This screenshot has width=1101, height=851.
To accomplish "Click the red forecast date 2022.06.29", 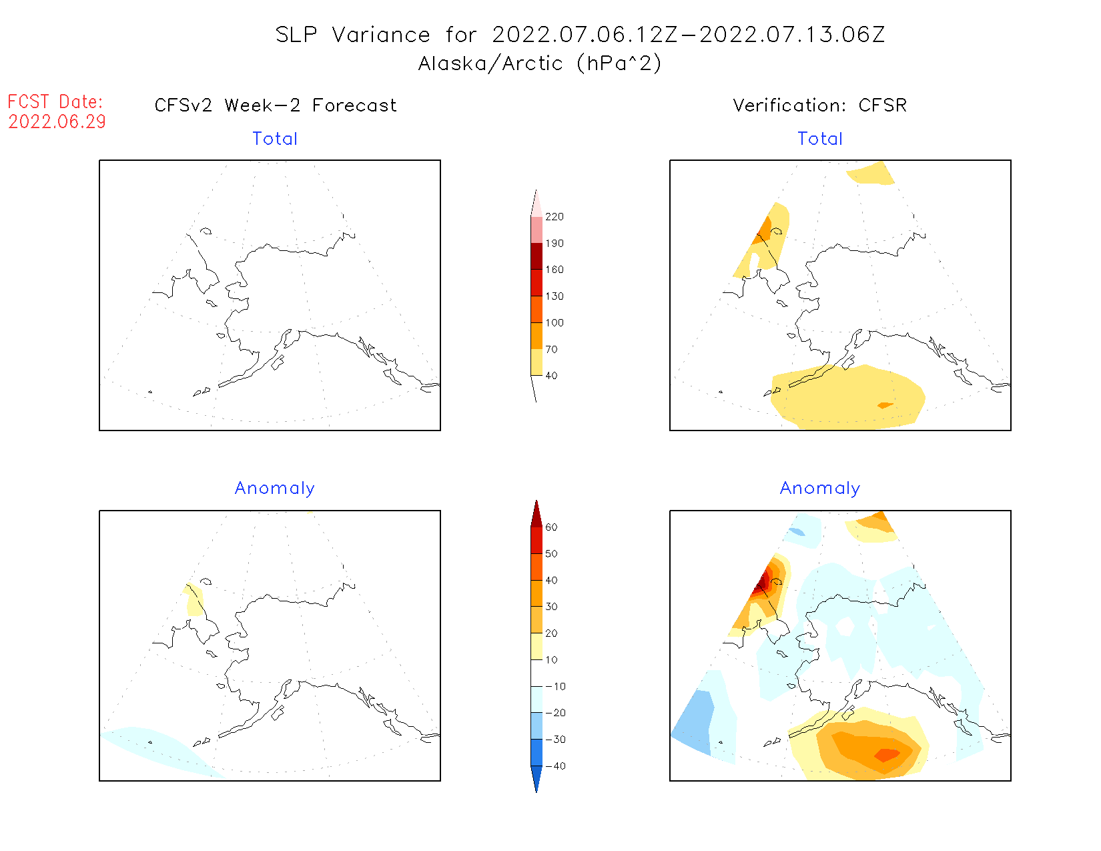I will coord(57,122).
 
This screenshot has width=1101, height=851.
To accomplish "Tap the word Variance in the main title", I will coord(380,35).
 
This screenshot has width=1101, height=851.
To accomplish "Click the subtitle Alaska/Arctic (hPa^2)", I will coord(540,63).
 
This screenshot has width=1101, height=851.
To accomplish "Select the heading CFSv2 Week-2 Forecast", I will coord(275,105).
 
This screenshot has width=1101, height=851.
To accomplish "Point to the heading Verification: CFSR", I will coord(819,105).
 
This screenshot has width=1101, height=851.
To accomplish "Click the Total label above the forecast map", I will coord(275,139).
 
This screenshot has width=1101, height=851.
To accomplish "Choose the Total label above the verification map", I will coord(820,139).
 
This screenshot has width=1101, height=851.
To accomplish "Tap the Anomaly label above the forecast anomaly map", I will coord(274,489).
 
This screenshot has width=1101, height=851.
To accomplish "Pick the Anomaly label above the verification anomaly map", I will coord(820,489).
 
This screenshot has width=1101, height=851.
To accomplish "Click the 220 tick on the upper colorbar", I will coord(554,217).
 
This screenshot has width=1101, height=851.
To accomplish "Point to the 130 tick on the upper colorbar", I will coord(554,296).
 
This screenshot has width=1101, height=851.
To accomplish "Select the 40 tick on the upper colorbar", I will coord(551,376).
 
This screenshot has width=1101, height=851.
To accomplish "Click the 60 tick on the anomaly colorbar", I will coord(551,527).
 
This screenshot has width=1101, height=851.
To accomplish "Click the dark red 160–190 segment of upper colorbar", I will coord(536,256).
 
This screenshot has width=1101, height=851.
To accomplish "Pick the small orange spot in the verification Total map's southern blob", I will coord(885,405).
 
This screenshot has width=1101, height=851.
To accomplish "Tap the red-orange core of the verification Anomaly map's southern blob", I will coord(887,755).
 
